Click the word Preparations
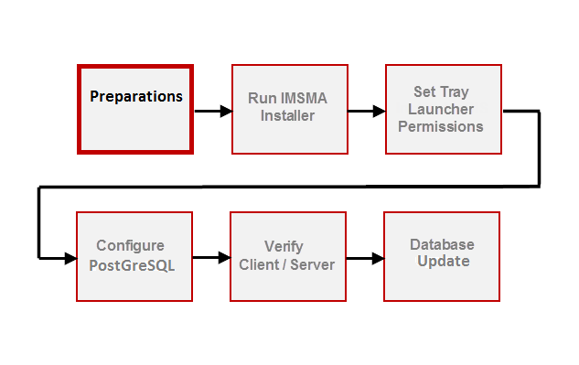click(x=135, y=96)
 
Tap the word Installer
click(x=287, y=116)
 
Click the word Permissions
click(x=441, y=126)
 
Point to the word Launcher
click(x=441, y=110)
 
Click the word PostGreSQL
click(x=133, y=264)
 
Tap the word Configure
click(x=131, y=246)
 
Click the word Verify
click(x=284, y=247)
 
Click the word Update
click(x=443, y=262)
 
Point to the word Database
click(x=442, y=245)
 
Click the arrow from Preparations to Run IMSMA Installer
click(x=211, y=112)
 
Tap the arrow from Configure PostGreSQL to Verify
click(x=210, y=258)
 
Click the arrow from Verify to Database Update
click(x=364, y=258)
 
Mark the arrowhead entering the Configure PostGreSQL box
click(x=70, y=258)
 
